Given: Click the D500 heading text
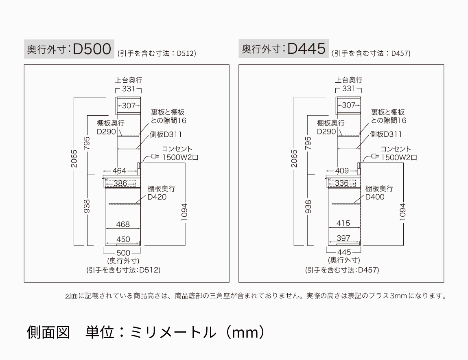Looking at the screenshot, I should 92,49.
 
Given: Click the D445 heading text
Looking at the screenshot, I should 306,49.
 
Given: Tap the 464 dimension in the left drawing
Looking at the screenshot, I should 119,171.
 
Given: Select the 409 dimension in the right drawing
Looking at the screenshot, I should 342,171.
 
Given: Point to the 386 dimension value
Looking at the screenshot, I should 120,184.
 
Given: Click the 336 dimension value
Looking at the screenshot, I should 342,184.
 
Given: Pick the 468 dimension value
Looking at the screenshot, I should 123,224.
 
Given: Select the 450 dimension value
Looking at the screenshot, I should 123,239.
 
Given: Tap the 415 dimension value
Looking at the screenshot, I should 343,224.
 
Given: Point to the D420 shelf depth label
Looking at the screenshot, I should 157,197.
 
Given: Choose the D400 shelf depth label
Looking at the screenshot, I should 375,197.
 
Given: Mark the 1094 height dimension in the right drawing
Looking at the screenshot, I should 403,212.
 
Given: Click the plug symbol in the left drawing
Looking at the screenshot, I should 154,156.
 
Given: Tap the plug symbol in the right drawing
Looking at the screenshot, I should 374,156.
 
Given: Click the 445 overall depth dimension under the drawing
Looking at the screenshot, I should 344,252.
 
